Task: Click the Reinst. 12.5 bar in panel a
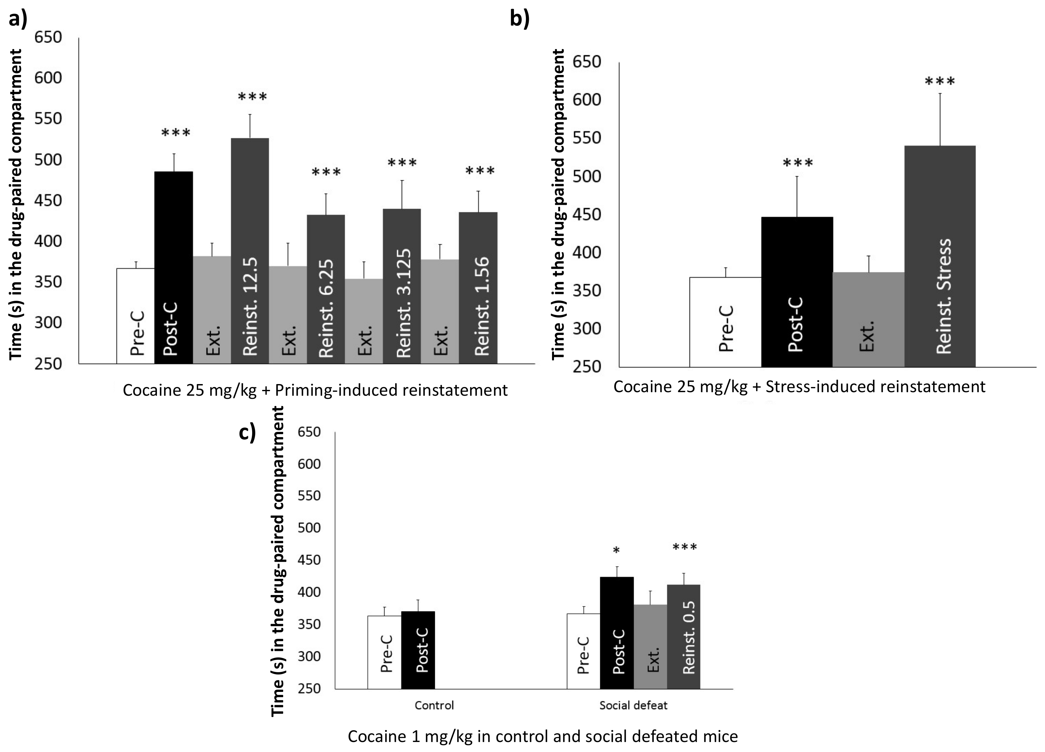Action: pos(250,251)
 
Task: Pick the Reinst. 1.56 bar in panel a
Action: pos(478,288)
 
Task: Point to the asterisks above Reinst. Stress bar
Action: pos(940,82)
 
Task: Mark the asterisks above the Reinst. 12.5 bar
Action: pos(252,97)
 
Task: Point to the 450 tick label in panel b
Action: pos(587,215)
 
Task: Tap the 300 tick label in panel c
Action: pos(309,656)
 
